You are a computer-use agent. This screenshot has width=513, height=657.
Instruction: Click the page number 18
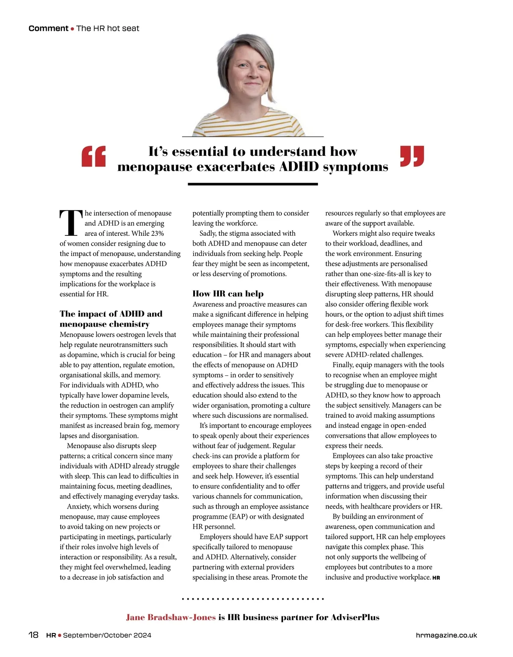[x=33, y=635]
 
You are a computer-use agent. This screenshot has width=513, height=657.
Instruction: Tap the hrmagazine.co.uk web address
[x=446, y=635]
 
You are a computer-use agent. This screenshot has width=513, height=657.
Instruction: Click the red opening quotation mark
[x=94, y=156]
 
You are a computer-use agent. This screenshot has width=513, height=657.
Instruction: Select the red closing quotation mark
[x=412, y=156]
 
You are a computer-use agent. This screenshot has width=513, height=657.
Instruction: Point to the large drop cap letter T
[x=71, y=223]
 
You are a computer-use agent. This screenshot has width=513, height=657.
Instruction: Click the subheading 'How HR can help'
[x=228, y=294]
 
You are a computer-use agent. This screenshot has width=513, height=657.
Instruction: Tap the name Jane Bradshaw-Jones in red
[x=171, y=617]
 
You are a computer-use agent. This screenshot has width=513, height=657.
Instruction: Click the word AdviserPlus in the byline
[x=355, y=617]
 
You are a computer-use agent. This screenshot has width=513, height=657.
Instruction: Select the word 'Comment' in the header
[x=48, y=29]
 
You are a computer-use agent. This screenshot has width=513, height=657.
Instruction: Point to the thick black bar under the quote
[x=253, y=184]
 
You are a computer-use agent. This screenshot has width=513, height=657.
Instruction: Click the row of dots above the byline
[x=253, y=599]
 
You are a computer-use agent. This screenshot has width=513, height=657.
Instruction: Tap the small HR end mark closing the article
[x=436, y=578]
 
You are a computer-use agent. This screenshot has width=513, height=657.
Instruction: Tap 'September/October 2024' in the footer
[x=107, y=635]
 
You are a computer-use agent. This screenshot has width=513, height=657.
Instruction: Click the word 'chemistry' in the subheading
[x=126, y=324]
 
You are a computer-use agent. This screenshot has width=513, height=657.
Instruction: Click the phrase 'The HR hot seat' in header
[x=108, y=29]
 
